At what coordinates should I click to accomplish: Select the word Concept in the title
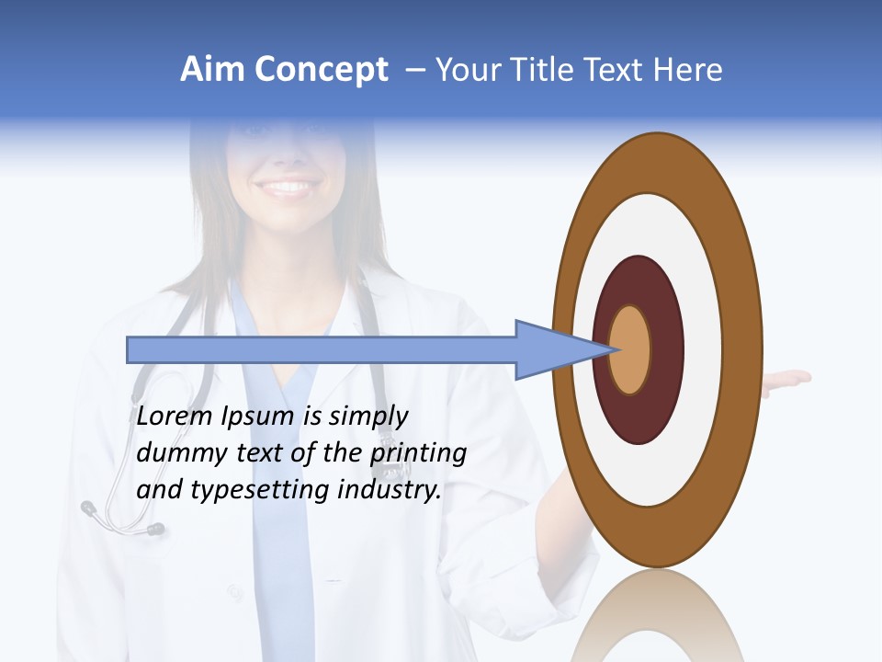[322, 70]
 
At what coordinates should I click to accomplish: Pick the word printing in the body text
[418, 453]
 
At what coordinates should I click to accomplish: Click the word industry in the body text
[390, 490]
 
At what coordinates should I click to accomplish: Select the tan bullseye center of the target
[630, 349]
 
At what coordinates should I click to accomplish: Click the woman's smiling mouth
[288, 188]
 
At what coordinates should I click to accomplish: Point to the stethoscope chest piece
[154, 529]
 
